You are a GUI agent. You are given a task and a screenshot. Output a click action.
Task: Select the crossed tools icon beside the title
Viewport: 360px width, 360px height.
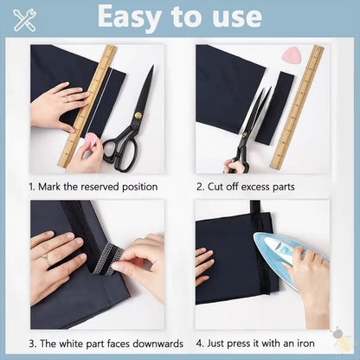(x=25, y=19)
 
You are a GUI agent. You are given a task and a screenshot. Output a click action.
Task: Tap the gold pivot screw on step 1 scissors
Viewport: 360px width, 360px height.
(x=137, y=114)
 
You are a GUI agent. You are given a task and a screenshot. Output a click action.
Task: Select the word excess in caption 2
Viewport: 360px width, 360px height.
(x=250, y=187)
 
